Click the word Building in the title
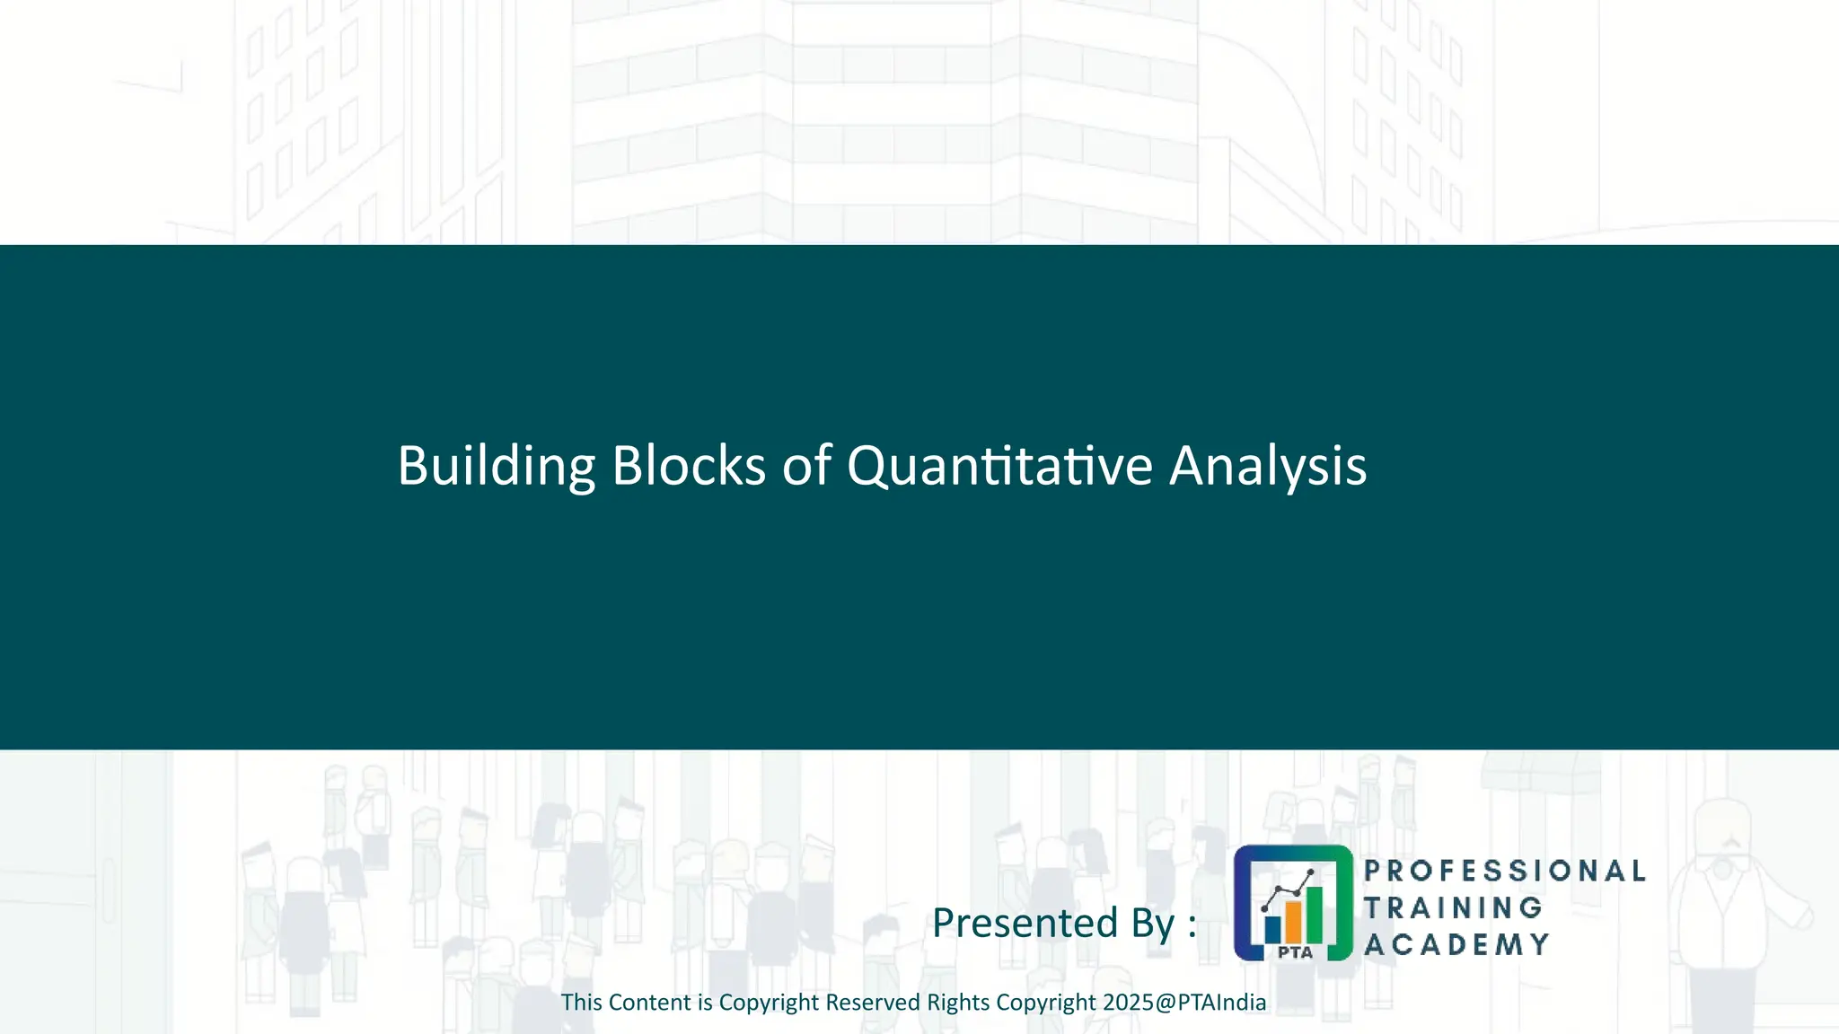click(x=496, y=466)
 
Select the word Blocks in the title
click(x=689, y=466)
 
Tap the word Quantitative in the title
click(x=999, y=466)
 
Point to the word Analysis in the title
click(x=1267, y=466)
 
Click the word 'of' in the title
click(x=806, y=466)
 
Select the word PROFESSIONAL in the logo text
click(x=1504, y=871)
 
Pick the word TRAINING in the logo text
click(x=1453, y=907)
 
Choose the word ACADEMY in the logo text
click(x=1456, y=944)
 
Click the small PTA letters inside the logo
click(x=1295, y=952)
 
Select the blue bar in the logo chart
click(x=1272, y=928)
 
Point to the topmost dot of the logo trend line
click(x=1311, y=872)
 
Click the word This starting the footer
click(x=581, y=1003)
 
